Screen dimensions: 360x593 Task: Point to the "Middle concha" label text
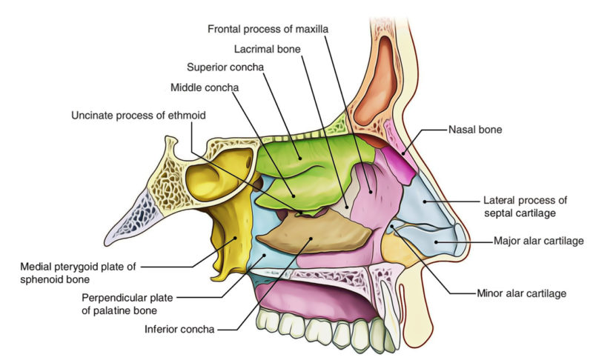(x=204, y=87)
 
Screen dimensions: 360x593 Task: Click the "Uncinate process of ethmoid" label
(x=138, y=116)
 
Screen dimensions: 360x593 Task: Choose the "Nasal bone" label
(x=475, y=129)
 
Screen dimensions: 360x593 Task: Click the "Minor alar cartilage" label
(x=520, y=293)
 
